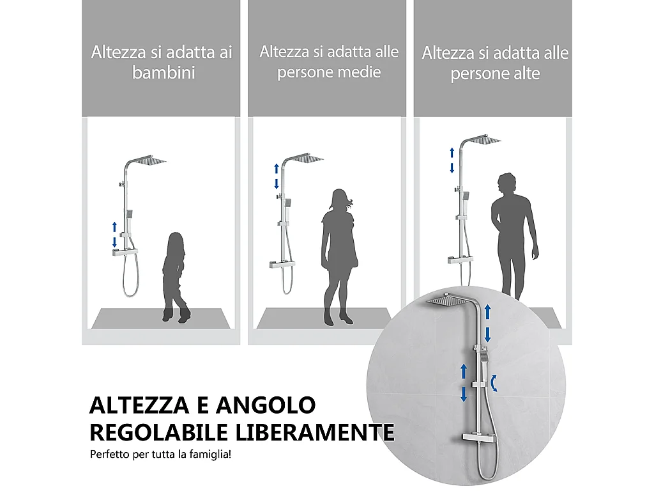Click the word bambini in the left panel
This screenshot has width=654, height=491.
(163, 73)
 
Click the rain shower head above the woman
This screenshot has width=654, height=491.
(308, 158)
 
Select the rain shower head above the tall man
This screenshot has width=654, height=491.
(483, 140)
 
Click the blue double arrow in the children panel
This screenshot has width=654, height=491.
(114, 234)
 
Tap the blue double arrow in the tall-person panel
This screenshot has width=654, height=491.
(452, 159)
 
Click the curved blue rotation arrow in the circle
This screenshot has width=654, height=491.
(496, 382)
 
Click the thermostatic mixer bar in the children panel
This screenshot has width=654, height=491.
(125, 253)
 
